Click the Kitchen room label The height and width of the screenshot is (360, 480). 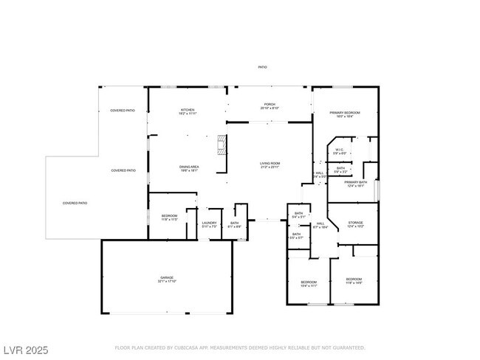coord(188,110)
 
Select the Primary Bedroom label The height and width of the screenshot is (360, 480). coord(346,112)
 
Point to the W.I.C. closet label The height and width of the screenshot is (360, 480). coord(340,150)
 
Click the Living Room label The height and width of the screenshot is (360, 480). coord(270,163)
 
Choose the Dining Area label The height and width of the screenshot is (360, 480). coord(189,167)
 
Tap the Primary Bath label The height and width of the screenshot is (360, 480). coord(355,182)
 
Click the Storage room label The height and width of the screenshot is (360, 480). coord(355,223)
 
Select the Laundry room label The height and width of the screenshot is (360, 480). coord(209,222)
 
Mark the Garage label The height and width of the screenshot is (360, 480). coord(167,277)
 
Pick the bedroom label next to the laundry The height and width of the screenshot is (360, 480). coord(169,215)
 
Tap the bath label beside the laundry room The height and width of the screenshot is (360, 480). coord(234,222)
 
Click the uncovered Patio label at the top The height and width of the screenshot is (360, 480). coord(262,67)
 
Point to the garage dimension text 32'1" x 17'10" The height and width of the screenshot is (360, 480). coord(167,281)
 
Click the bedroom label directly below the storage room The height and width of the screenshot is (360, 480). coord(354,279)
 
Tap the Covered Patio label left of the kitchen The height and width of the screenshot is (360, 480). coord(123,110)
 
